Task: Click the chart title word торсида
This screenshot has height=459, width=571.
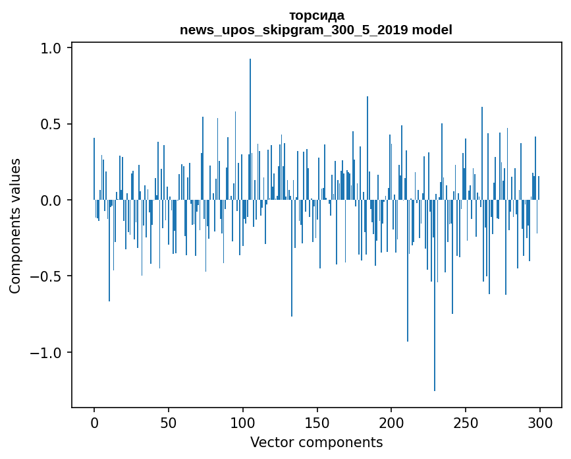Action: click(x=316, y=15)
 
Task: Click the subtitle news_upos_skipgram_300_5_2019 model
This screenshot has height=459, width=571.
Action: click(x=316, y=30)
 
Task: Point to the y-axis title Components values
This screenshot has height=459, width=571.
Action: click(x=14, y=226)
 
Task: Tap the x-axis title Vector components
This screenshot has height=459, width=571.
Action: click(x=316, y=442)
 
